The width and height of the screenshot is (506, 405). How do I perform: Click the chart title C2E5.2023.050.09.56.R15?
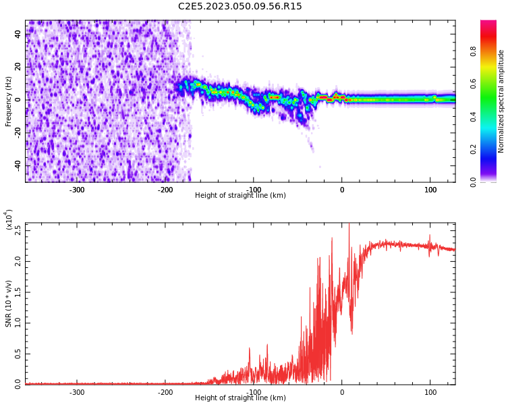pos(240,7)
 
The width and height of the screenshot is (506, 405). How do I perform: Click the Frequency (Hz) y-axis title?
pos(9,101)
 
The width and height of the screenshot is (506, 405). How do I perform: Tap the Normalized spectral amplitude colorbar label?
pos(501,101)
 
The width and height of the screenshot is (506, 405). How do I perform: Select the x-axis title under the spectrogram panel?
pos(240,196)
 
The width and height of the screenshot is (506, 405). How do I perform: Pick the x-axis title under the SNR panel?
pos(240,398)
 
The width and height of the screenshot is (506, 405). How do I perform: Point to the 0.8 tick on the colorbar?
pos(474,50)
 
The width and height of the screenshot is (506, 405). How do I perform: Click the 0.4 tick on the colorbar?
pos(474,116)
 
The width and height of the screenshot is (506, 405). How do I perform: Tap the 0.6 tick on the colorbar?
pos(474,83)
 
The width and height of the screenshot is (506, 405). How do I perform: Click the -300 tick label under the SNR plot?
pos(77,392)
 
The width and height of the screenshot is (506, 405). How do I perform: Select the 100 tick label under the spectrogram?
pos(430,190)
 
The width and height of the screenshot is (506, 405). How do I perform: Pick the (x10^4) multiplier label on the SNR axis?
pos(9,219)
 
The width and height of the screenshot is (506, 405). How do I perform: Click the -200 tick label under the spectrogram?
pos(165,190)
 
